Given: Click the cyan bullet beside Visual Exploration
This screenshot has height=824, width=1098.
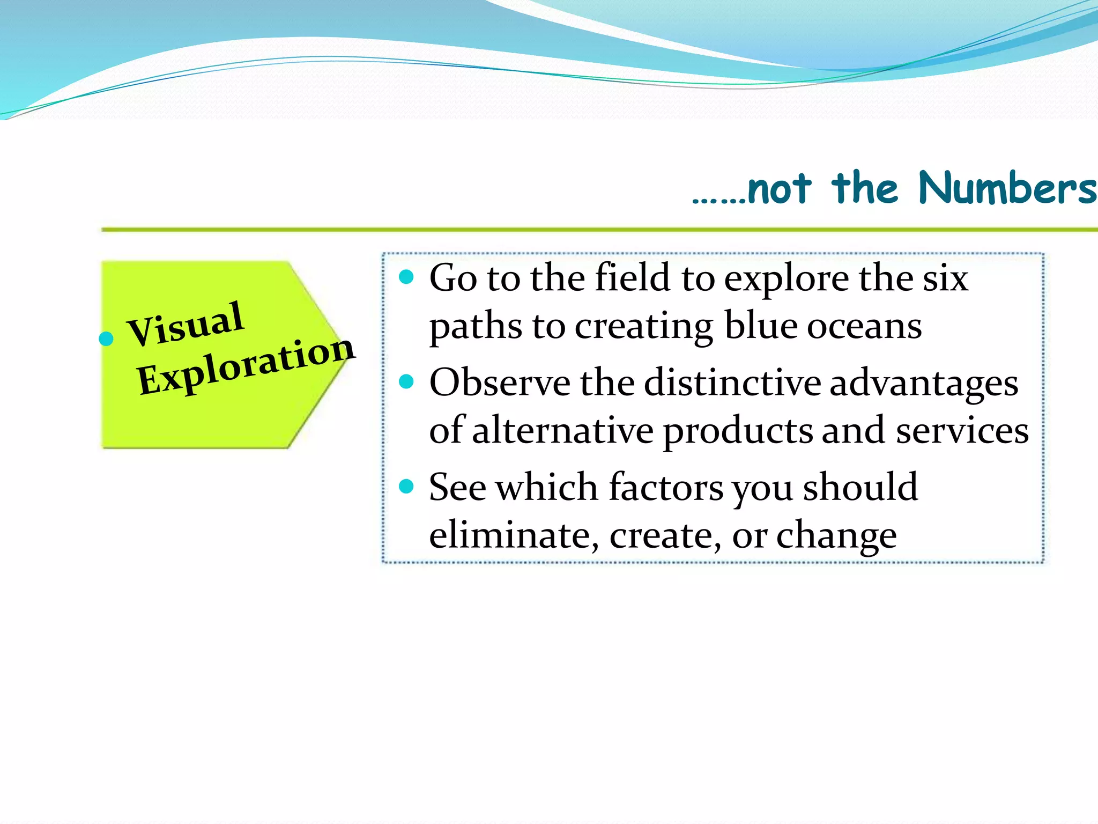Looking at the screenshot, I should click(107, 339).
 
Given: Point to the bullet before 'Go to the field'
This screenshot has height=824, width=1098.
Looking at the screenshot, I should click(407, 277).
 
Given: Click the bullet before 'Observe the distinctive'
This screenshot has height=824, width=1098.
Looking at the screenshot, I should click(407, 381).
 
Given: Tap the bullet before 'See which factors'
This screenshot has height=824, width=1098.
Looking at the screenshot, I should click(407, 486).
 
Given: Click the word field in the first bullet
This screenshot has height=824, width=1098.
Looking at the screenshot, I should click(633, 278).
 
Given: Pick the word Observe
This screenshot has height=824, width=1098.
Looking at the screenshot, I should click(500, 383).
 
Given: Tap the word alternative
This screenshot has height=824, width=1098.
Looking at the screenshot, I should click(562, 431).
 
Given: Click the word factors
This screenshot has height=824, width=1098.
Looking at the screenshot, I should click(666, 488).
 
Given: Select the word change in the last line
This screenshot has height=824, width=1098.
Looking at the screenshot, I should click(836, 536).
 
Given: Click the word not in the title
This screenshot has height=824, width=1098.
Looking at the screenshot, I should click(778, 189).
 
